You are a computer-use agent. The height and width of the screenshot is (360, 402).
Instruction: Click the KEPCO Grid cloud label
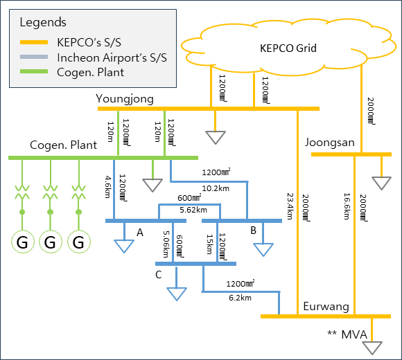pos(288,48)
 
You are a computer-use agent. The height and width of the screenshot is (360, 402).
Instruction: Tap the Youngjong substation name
pos(125,99)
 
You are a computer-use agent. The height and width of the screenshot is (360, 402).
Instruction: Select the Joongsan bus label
pos(330,143)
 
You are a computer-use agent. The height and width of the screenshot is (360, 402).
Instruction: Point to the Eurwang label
pos(326,307)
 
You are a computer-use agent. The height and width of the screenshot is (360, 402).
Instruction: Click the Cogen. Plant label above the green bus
pos(63,145)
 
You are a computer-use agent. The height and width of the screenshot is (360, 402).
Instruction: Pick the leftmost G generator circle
pos(23,242)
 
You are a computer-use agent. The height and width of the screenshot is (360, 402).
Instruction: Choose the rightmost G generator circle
pos(79,242)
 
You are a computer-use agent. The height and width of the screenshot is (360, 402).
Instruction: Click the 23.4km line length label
pos(290,206)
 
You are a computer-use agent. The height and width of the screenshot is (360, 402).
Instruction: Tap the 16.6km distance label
pos(347,206)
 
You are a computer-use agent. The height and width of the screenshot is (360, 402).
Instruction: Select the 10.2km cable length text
pos(216,188)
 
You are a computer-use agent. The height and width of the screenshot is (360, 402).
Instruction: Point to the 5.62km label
pos(193,210)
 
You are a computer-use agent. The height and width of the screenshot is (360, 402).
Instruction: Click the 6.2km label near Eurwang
pos(241,298)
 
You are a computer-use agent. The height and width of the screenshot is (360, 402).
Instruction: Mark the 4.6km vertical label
pos(108,187)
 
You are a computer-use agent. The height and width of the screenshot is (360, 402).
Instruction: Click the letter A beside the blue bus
pos(140,233)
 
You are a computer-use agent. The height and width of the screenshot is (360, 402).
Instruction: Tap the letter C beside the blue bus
pos(159,275)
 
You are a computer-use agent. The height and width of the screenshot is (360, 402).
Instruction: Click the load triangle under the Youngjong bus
pos(216,137)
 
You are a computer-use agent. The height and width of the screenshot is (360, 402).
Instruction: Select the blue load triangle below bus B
pos(263,250)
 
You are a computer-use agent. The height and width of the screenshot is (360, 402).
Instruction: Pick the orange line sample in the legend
pos(34,42)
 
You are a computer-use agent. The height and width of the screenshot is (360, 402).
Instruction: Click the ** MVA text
pos(347,334)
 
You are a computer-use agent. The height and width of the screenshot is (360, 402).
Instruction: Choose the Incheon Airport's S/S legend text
pos(112,57)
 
